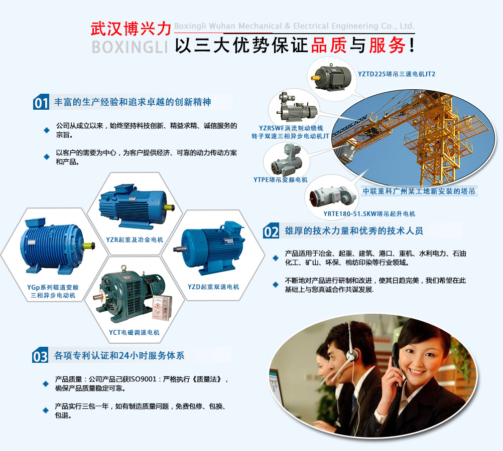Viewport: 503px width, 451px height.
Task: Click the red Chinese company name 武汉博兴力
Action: (131, 29)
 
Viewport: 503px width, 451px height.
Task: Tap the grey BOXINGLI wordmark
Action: (130, 47)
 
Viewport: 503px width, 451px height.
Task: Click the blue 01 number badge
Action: (41, 102)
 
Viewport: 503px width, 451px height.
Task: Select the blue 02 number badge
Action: (271, 231)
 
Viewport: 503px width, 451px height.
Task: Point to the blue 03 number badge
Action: (40, 355)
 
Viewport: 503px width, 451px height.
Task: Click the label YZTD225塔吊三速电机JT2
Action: (397, 74)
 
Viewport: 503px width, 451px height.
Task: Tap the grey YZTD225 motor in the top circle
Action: (332, 77)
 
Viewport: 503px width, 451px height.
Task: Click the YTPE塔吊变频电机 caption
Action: (281, 180)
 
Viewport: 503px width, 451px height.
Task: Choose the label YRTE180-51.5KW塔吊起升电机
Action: (369, 213)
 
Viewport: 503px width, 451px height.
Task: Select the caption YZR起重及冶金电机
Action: (135, 240)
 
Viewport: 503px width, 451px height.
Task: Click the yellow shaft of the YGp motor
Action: (89, 246)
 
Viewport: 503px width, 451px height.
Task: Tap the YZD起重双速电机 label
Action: (213, 287)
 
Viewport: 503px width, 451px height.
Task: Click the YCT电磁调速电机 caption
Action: (134, 332)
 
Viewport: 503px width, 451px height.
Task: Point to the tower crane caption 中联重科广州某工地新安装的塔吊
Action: (419, 191)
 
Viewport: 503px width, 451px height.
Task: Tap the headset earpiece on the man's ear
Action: (350, 355)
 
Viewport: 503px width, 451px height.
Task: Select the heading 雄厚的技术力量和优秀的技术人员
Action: (354, 231)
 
